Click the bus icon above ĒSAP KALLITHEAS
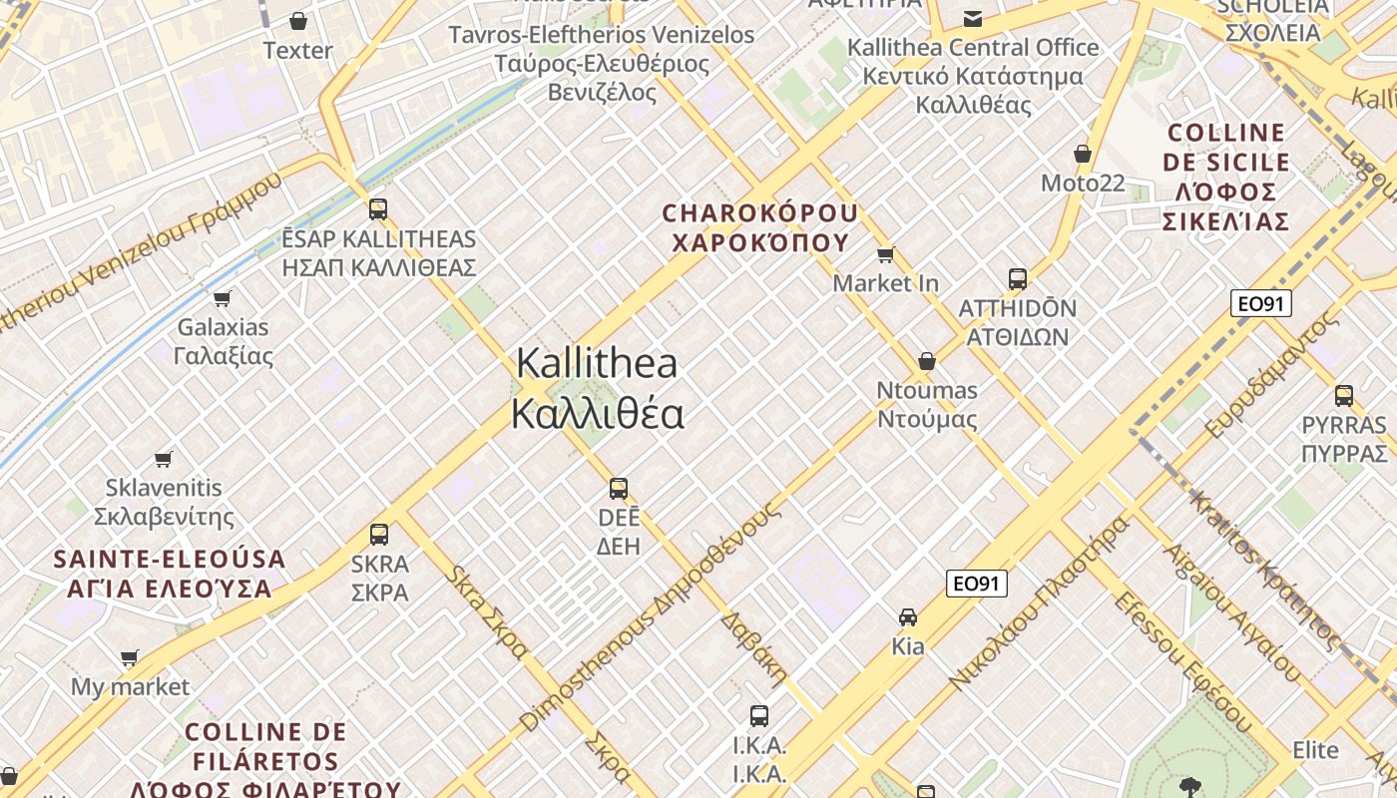click(x=377, y=208)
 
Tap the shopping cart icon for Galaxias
click(x=223, y=298)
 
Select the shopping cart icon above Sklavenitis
click(x=164, y=459)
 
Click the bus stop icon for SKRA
click(x=379, y=534)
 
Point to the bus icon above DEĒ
click(x=619, y=488)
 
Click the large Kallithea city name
click(x=597, y=388)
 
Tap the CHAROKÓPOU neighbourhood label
click(x=760, y=227)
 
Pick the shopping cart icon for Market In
click(x=885, y=254)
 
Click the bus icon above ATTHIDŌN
click(x=1018, y=278)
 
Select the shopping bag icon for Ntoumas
click(x=927, y=361)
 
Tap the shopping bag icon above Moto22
click(x=1083, y=154)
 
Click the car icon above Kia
click(x=908, y=616)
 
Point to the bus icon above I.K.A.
click(x=759, y=715)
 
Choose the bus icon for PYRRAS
click(x=1344, y=395)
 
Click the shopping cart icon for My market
click(x=129, y=657)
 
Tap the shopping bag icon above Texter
click(x=297, y=20)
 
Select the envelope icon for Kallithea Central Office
click(x=972, y=18)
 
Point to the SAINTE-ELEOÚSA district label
click(x=170, y=573)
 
